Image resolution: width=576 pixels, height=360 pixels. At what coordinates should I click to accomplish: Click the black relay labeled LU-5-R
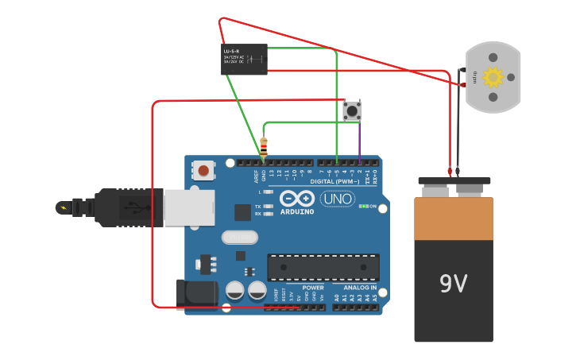[x=244, y=60]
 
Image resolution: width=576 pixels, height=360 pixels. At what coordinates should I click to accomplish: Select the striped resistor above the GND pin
[x=264, y=146]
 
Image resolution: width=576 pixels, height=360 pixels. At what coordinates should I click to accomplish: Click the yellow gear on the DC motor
[x=493, y=77]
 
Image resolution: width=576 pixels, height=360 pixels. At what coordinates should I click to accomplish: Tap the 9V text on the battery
[x=453, y=283]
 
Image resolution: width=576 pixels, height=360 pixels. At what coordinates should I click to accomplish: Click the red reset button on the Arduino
[x=204, y=170]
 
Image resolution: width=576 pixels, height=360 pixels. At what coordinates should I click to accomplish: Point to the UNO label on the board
[x=338, y=199]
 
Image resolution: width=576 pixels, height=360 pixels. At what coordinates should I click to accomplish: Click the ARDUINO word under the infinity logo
[x=297, y=211]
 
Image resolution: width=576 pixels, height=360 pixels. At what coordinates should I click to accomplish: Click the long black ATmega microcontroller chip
[x=323, y=267]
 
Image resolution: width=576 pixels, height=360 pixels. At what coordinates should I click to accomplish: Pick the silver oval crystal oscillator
[x=239, y=237]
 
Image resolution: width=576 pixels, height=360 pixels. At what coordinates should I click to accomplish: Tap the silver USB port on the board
[x=188, y=207]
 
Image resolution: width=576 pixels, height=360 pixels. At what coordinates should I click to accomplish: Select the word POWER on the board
[x=313, y=287]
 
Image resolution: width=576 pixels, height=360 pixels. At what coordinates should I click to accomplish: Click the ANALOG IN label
[x=360, y=287]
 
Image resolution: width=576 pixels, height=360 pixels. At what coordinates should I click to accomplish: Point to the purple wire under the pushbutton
[x=360, y=141]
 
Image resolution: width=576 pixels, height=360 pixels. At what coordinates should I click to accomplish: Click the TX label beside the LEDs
[x=258, y=207]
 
